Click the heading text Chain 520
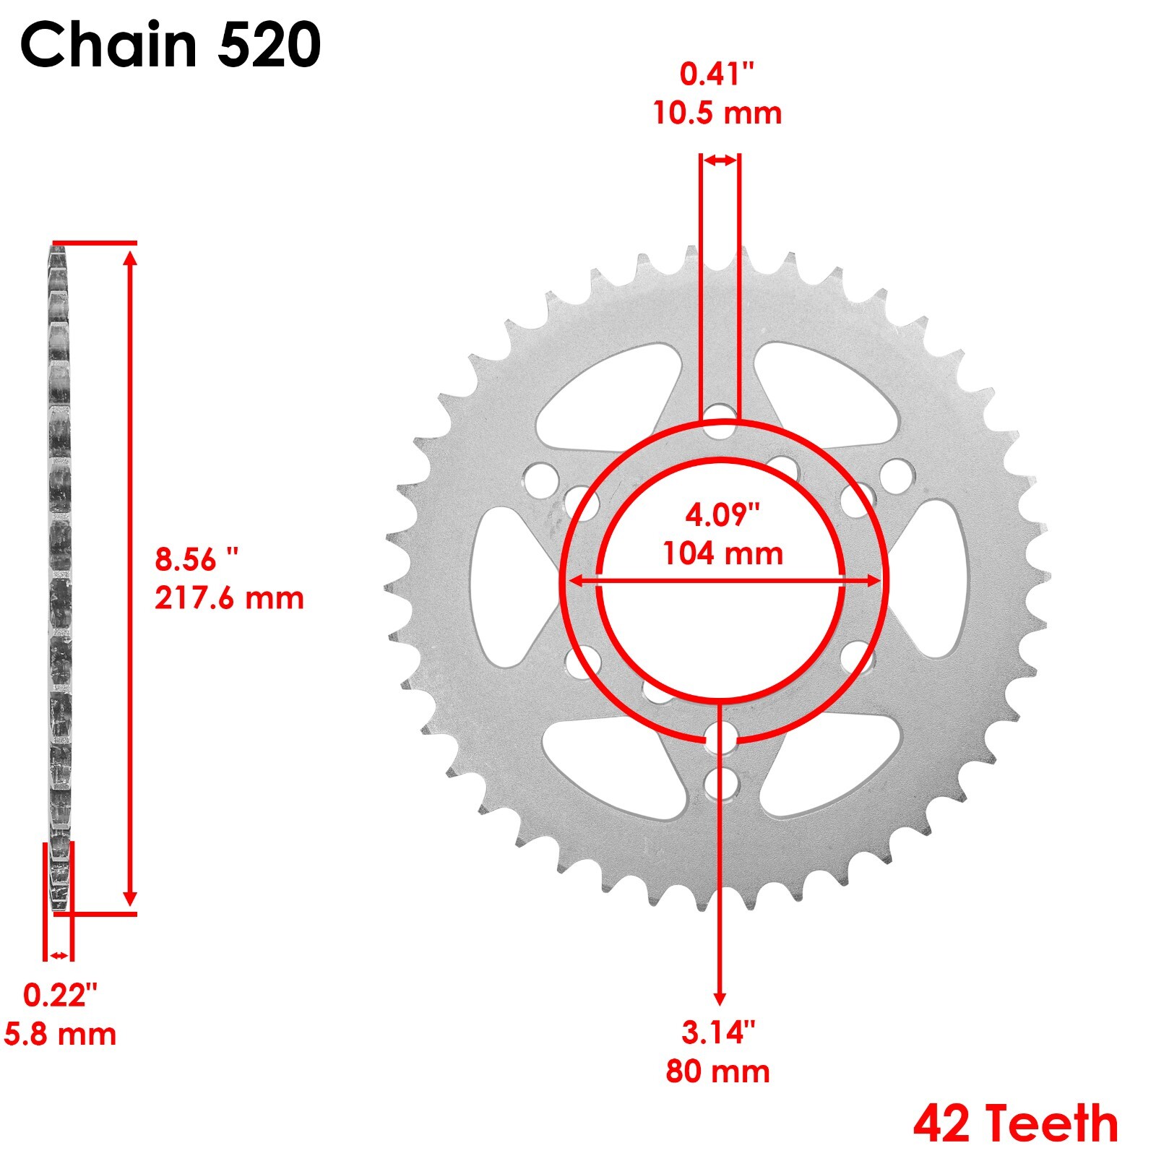click(171, 45)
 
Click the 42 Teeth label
click(1015, 1123)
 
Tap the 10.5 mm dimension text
click(717, 113)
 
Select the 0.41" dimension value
click(717, 74)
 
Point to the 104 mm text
click(722, 554)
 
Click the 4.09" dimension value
click(722, 515)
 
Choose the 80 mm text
click(718, 1071)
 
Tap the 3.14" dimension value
click(718, 1032)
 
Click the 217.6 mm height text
click(229, 598)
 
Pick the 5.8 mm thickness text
click(61, 1034)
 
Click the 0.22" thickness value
click(61, 995)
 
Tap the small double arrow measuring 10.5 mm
click(720, 160)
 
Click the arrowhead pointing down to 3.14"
click(720, 998)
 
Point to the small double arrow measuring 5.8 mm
click(59, 956)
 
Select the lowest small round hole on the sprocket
click(721, 784)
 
